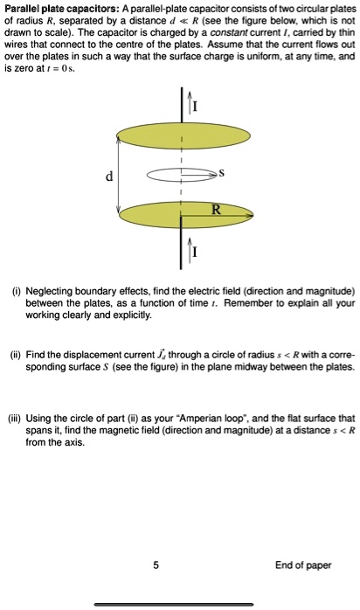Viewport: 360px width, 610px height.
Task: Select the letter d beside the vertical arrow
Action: (x=108, y=177)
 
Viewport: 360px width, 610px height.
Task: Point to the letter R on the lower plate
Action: (x=216, y=207)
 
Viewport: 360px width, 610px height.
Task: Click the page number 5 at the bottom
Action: (x=156, y=565)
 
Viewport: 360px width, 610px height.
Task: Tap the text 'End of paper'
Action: (x=303, y=565)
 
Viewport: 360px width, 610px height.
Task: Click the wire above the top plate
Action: (x=181, y=101)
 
